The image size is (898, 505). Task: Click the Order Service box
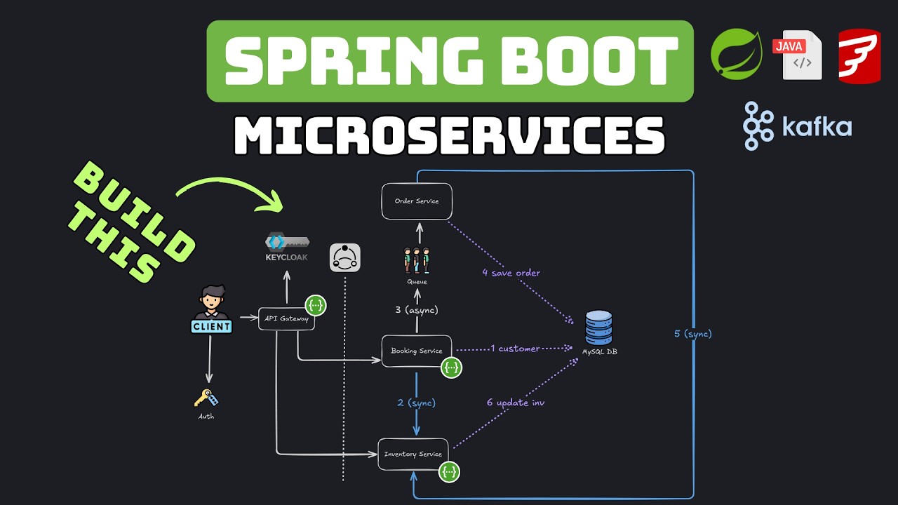pyautogui.click(x=417, y=201)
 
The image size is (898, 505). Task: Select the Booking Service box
pyautogui.click(x=417, y=351)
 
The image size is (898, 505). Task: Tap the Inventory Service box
pyautogui.click(x=413, y=454)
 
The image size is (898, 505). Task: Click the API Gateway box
pyautogui.click(x=286, y=318)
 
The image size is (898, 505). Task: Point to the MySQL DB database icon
pyautogui.click(x=599, y=328)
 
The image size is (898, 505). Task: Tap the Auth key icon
pyautogui.click(x=206, y=398)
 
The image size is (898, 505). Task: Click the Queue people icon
pyautogui.click(x=417, y=260)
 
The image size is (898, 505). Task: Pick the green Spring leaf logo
pyautogui.click(x=736, y=53)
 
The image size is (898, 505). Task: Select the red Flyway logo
pyautogui.click(x=859, y=56)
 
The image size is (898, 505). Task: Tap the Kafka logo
pyautogui.click(x=797, y=126)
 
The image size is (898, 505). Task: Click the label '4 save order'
pyautogui.click(x=511, y=273)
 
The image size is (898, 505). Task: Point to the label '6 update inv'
pyautogui.click(x=516, y=403)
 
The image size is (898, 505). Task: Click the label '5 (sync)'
pyautogui.click(x=693, y=334)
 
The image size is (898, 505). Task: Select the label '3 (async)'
pyautogui.click(x=417, y=309)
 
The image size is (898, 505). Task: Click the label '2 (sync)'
pyautogui.click(x=417, y=403)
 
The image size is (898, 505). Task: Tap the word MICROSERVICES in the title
pyautogui.click(x=449, y=135)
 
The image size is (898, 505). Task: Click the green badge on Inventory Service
pyautogui.click(x=449, y=472)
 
